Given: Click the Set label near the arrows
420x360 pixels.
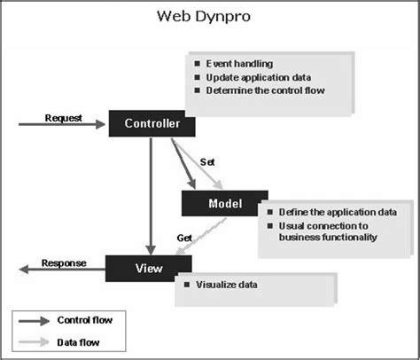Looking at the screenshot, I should (x=208, y=162).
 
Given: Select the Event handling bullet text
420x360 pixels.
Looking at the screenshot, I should (x=239, y=65).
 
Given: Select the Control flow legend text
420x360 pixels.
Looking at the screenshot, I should (x=85, y=318).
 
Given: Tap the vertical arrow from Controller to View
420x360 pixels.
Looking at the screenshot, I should (x=152, y=195).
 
